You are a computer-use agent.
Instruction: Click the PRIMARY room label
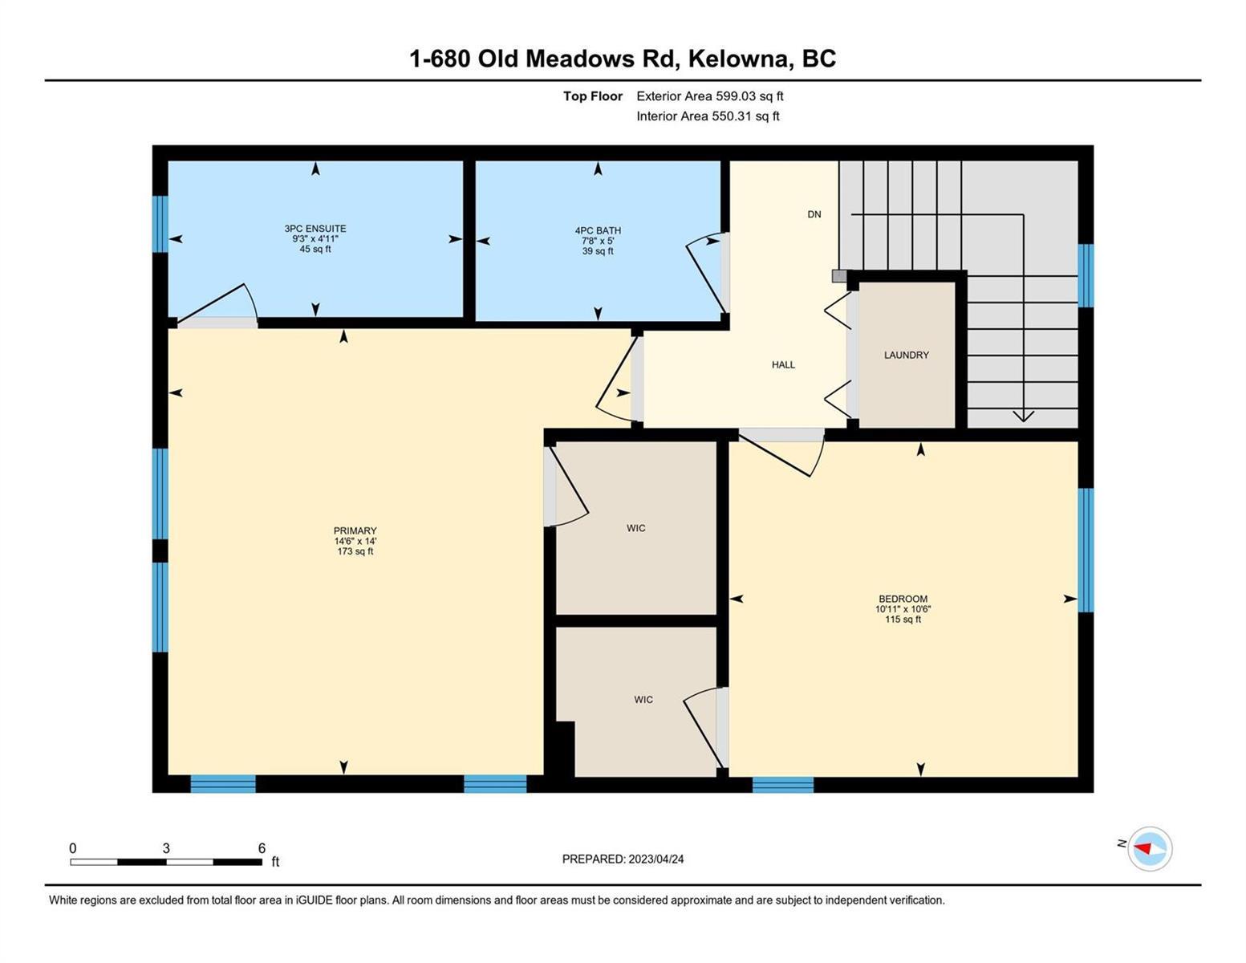[x=355, y=530]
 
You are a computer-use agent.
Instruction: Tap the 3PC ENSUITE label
[x=315, y=228]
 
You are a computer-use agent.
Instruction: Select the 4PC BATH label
[x=598, y=230]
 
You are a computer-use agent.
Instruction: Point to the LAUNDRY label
[x=906, y=355]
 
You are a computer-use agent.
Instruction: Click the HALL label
[x=783, y=365]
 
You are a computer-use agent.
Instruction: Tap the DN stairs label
[x=814, y=214]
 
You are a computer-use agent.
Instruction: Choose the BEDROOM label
[x=903, y=599]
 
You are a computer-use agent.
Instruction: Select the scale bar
[x=166, y=862]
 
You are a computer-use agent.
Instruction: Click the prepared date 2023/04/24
[x=656, y=859]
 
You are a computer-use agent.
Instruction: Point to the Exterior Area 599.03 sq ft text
[x=709, y=96]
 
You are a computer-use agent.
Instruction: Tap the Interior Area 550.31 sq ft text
[x=708, y=116]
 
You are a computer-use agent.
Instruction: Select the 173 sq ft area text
[x=355, y=552]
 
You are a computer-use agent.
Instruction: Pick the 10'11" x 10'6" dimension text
[x=903, y=609]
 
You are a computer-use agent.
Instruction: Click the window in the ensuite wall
[x=160, y=224]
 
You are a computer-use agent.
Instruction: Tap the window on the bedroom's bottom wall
[x=783, y=784]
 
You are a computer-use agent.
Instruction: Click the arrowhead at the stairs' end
[x=1023, y=416]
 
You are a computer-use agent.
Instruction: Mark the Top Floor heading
[x=592, y=96]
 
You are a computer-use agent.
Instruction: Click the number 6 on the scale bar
[x=262, y=847]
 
